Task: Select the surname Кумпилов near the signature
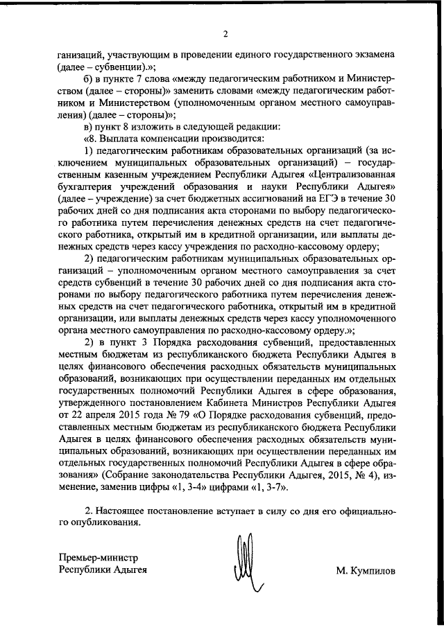pos(366,572)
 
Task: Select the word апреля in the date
pos(96,414)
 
